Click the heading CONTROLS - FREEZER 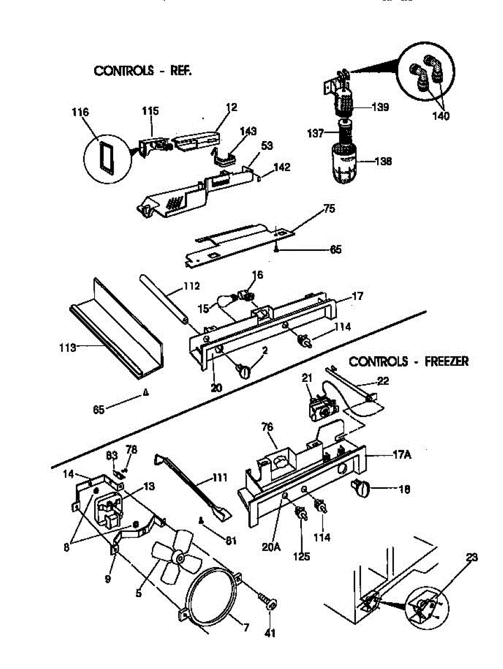pyautogui.click(x=408, y=361)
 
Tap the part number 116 pyautogui.click(x=80, y=113)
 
